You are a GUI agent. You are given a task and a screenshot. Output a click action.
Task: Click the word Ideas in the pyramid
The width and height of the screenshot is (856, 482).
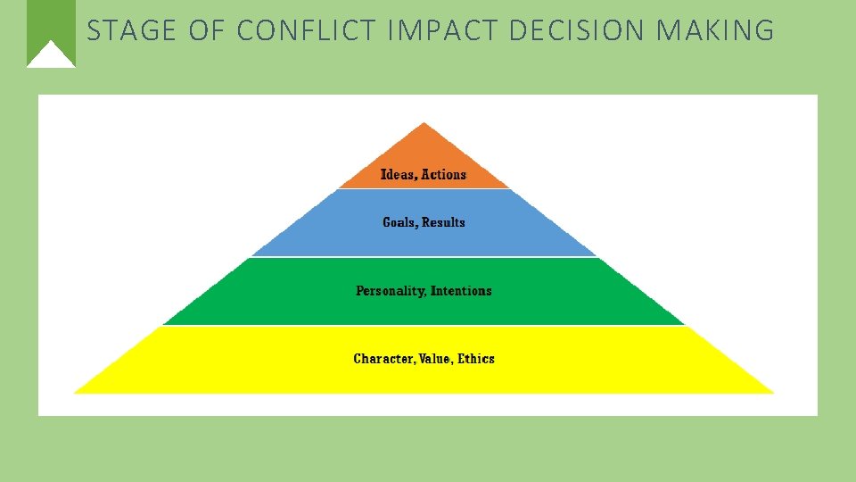click(x=398, y=175)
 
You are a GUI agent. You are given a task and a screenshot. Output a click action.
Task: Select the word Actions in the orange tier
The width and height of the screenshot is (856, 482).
click(x=444, y=175)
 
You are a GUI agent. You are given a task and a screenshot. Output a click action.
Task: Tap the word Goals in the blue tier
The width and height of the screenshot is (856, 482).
click(x=399, y=222)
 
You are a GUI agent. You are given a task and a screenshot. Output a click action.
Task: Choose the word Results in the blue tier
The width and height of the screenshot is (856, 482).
click(x=444, y=222)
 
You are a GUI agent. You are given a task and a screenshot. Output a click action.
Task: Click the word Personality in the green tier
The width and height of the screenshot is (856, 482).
click(x=390, y=291)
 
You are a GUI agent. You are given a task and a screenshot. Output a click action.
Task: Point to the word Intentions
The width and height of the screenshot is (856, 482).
click(x=462, y=291)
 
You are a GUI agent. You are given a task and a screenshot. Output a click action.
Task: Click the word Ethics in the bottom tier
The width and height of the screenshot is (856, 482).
click(x=476, y=359)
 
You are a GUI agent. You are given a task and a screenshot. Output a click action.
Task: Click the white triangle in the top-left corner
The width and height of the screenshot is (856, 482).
click(x=51, y=56)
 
